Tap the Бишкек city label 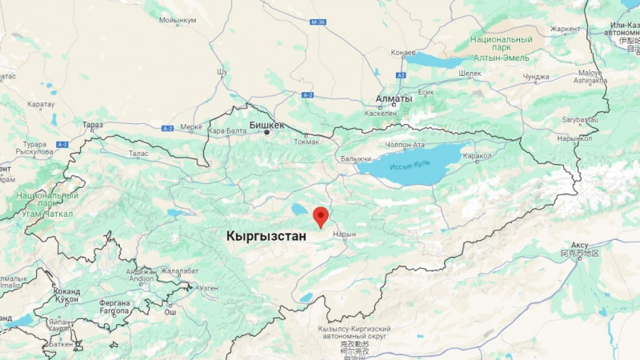(266, 125)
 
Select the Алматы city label (394, 99)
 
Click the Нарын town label (343, 234)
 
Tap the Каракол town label (478, 155)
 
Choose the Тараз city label (93, 125)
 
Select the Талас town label (138, 153)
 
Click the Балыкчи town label (356, 159)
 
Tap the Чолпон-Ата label (405, 145)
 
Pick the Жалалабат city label (178, 271)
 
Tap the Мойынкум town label (178, 21)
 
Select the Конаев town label (402, 53)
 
